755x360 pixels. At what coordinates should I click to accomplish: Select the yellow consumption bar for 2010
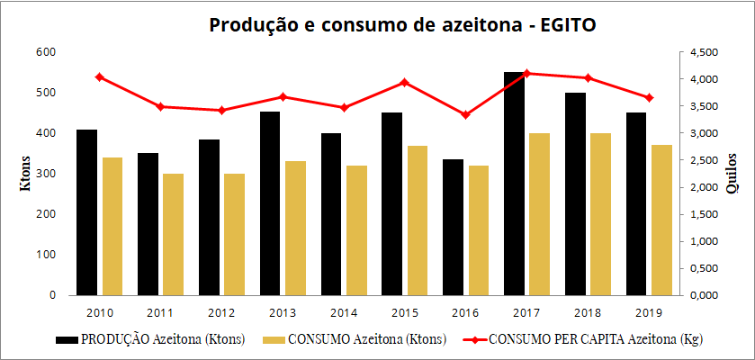tap(112, 226)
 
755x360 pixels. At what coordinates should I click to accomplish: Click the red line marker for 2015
tap(405, 83)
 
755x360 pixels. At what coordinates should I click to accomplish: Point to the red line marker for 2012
tap(221, 111)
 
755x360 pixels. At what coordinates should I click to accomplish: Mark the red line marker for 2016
tap(466, 115)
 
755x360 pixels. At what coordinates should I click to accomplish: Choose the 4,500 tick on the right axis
tap(705, 52)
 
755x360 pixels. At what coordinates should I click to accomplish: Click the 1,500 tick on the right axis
tap(705, 214)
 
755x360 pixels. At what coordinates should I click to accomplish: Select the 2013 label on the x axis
tap(282, 312)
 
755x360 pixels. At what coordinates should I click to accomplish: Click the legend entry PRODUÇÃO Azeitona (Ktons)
tap(163, 340)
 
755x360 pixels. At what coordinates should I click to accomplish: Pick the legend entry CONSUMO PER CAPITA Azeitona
tap(595, 340)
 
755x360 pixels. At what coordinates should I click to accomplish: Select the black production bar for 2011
tap(148, 224)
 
